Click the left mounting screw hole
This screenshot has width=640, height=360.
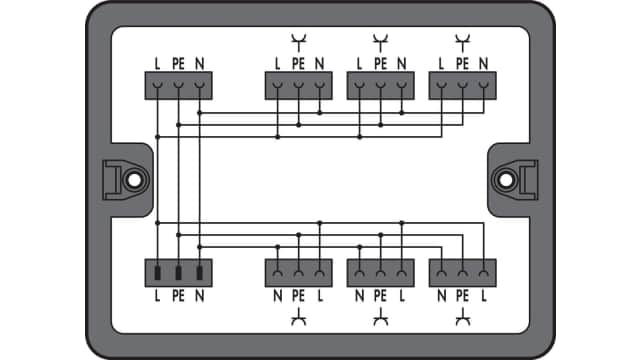tap(131, 180)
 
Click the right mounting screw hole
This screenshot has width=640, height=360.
tap(508, 180)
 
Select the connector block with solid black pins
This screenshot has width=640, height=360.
tap(179, 272)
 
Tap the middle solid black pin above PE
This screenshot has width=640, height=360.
tap(179, 271)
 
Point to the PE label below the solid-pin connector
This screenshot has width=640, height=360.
tap(179, 297)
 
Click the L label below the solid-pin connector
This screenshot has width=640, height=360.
tap(158, 297)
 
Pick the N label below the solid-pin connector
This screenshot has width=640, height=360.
tap(201, 297)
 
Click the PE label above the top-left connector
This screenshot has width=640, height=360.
tap(179, 64)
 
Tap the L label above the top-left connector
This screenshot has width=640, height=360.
tap(158, 64)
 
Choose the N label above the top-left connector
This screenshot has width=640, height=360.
tap(201, 64)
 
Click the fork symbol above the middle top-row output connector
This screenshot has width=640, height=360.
tap(380, 41)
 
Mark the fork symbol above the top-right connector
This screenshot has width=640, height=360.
tap(462, 41)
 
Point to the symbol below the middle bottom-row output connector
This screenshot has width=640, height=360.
tap(380, 319)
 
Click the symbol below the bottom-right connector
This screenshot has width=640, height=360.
tap(462, 319)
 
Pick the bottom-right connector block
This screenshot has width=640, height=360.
tap(462, 272)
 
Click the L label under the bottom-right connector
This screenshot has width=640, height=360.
tap(484, 297)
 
